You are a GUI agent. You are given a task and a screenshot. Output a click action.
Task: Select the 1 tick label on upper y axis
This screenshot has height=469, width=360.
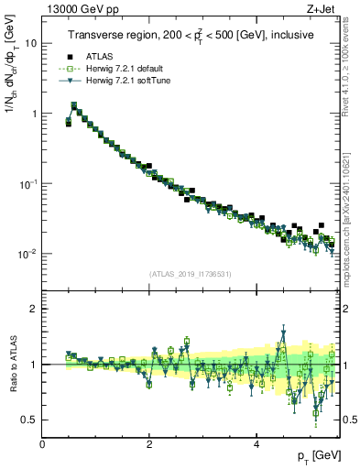[x=35, y=114]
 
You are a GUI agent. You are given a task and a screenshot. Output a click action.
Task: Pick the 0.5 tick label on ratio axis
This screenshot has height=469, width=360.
[x=31, y=420]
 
